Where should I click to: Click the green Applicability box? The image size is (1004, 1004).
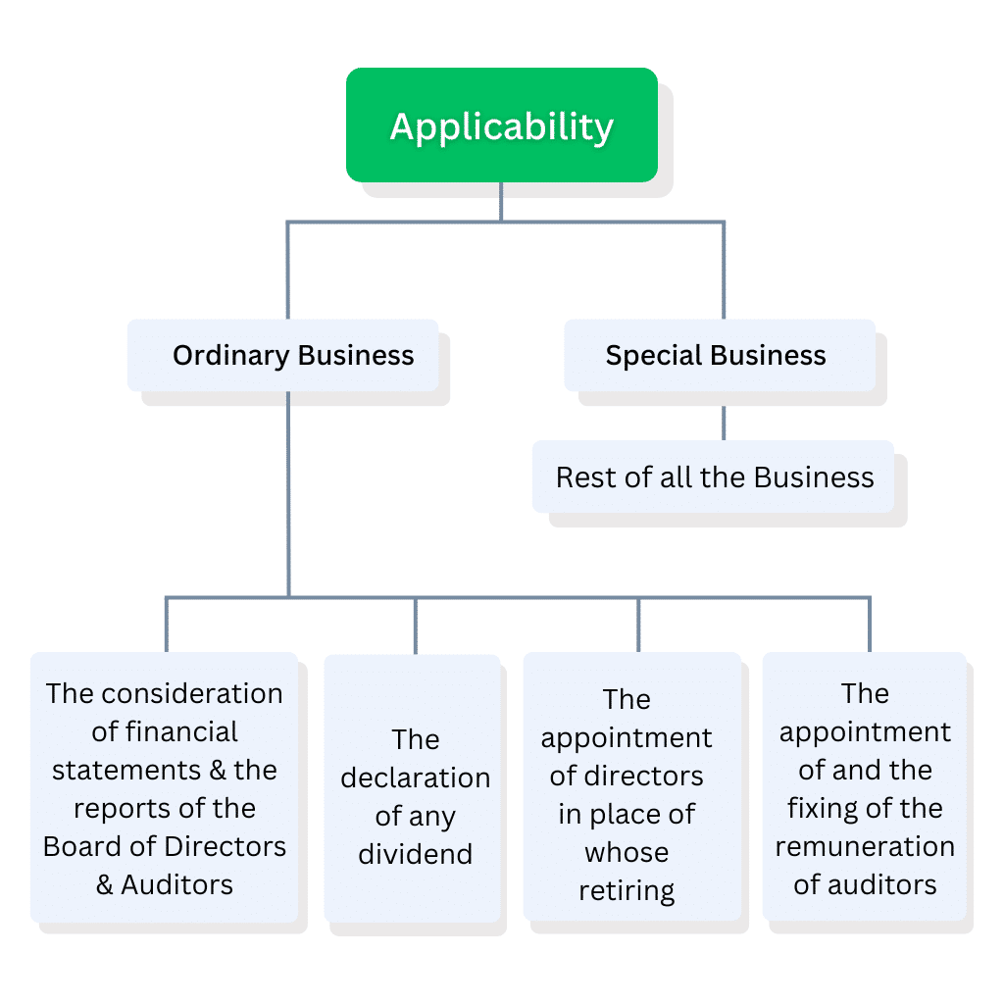[x=501, y=125]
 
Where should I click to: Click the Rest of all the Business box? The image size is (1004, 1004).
[x=714, y=477]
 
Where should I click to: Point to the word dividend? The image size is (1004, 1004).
[x=415, y=854]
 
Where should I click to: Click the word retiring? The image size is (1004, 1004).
[x=627, y=891]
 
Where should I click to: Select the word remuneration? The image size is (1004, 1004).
[x=865, y=846]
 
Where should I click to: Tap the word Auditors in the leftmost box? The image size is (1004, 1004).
[x=177, y=884]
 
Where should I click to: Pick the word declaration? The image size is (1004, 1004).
[x=415, y=778]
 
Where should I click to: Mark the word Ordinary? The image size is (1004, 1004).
[x=231, y=355]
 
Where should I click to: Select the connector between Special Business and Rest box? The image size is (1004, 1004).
[x=724, y=424]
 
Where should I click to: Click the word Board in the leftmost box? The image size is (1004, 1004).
[x=79, y=846]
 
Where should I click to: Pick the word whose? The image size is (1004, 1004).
[x=627, y=853]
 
